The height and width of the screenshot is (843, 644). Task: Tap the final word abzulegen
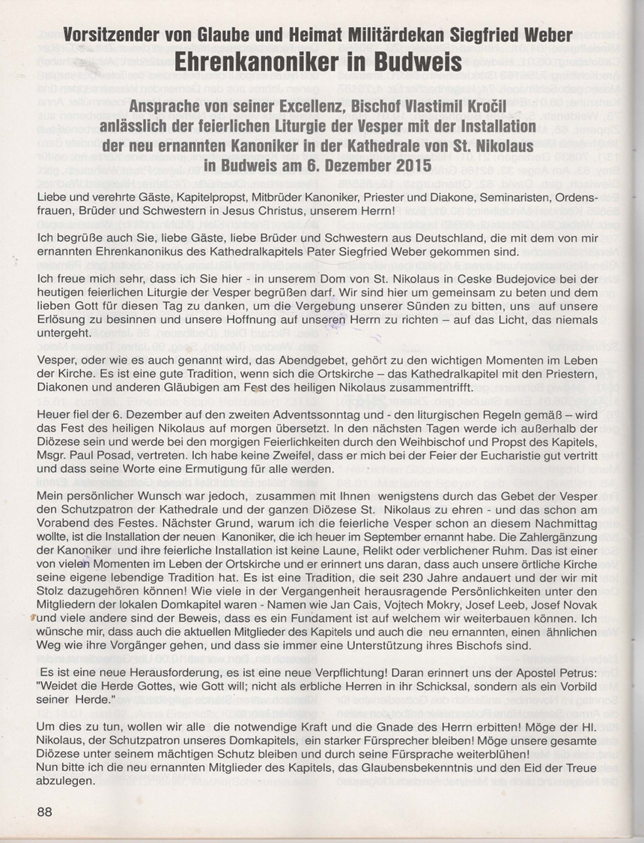66,781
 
